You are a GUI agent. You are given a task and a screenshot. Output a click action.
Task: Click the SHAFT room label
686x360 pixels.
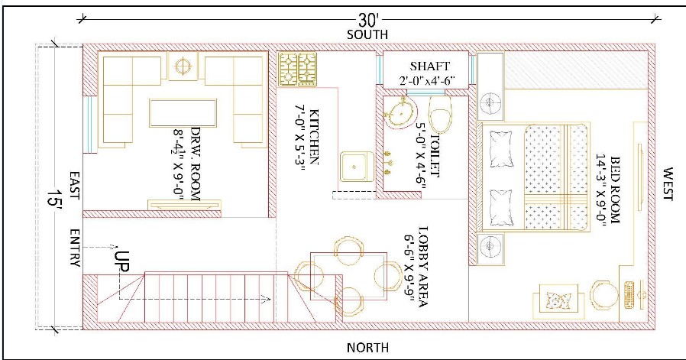coord(429,66)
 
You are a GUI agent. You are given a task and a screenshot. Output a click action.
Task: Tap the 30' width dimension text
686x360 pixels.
coord(367,20)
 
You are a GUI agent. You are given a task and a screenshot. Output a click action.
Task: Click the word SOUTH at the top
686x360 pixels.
coord(367,34)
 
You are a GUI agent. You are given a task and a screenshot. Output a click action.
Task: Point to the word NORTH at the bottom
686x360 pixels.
coord(367,348)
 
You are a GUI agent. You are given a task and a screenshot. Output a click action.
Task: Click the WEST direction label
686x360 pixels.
coord(667,183)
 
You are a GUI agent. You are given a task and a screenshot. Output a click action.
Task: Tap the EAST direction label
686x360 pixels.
coord(74,186)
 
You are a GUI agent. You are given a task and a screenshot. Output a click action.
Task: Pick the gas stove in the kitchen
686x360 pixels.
coord(299,70)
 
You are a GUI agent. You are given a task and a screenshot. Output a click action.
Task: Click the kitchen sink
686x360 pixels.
coord(357,167)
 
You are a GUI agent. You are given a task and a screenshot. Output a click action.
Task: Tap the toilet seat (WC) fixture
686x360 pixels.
coord(440,114)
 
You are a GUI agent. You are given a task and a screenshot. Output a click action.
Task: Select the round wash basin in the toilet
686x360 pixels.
coord(401,113)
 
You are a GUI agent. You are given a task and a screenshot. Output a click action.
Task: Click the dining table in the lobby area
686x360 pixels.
coord(348,276)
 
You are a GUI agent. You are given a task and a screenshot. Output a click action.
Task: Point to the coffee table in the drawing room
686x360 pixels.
coord(183,113)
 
